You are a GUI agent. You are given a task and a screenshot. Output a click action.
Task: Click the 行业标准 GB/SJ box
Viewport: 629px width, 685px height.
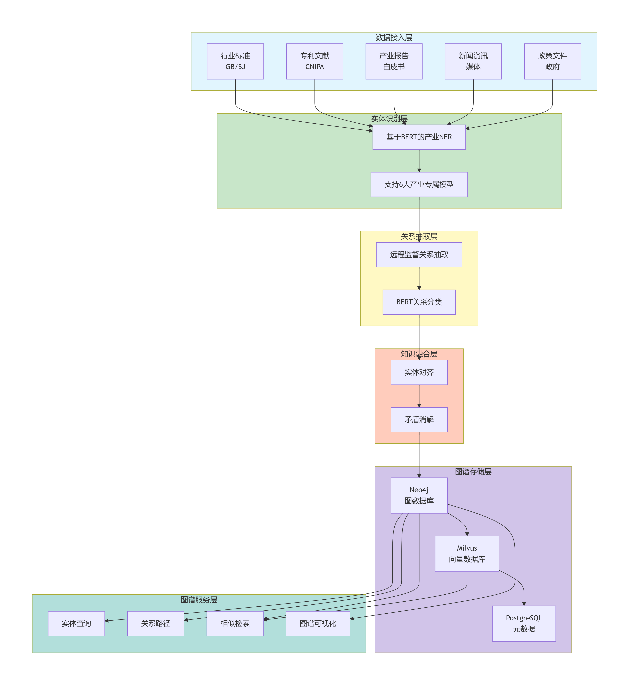tap(235, 61)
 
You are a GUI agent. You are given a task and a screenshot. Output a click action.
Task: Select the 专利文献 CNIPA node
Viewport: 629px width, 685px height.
tap(314, 61)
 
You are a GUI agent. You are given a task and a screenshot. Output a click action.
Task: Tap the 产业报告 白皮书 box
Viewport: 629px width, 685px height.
tap(394, 61)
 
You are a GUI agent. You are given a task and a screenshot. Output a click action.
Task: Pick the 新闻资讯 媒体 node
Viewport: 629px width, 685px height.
tap(473, 61)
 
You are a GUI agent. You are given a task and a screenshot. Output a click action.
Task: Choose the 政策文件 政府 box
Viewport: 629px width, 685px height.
tap(552, 61)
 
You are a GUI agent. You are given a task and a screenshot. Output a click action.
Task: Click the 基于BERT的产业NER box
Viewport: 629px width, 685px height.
tap(419, 137)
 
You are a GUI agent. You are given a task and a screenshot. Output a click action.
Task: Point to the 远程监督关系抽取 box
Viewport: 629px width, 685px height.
tap(419, 255)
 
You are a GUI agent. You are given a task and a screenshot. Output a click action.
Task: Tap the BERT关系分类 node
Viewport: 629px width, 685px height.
tap(419, 302)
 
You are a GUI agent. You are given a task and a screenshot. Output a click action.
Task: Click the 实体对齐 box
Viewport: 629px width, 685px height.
tap(419, 372)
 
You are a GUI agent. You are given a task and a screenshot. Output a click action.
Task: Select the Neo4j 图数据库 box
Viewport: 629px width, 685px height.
tap(419, 495)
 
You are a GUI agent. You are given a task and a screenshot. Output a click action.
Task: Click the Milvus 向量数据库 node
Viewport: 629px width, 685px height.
tap(467, 554)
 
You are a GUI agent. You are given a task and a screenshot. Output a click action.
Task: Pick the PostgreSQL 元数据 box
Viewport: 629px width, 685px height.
tap(524, 623)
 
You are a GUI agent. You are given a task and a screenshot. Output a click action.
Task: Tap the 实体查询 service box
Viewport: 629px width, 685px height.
tap(76, 623)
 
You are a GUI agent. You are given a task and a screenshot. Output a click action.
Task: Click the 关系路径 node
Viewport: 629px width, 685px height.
tap(156, 623)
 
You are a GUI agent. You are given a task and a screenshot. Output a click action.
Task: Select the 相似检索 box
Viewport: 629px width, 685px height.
tap(235, 623)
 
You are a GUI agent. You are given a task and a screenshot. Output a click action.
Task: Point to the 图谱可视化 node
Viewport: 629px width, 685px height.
tap(318, 623)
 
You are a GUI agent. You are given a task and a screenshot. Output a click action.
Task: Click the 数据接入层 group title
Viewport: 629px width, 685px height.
tap(394, 37)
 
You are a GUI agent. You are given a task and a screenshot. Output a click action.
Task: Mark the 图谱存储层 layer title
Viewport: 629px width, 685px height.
tap(473, 471)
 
